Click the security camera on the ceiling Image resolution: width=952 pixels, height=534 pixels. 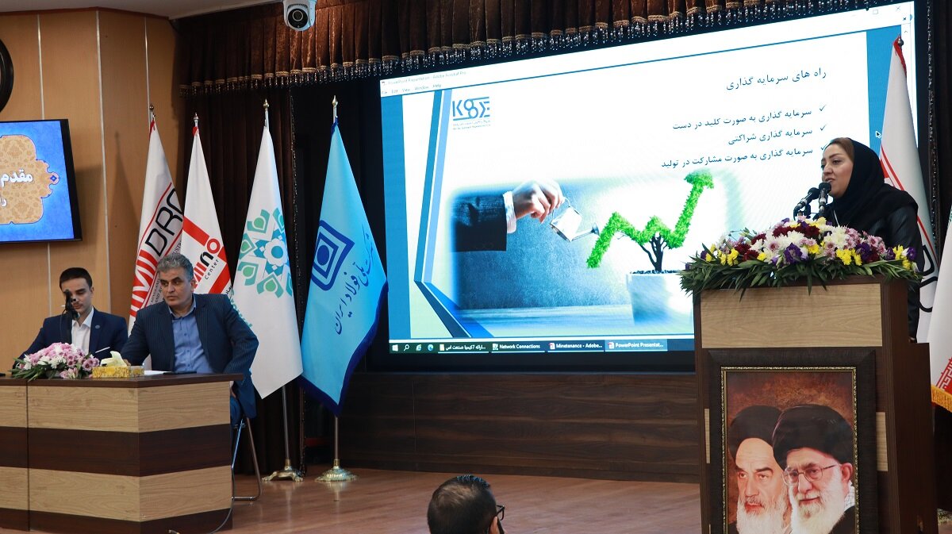click(x=300, y=13)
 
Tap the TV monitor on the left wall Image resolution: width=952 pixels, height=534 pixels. click(x=38, y=181)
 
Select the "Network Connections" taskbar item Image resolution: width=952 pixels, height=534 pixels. click(x=518, y=347)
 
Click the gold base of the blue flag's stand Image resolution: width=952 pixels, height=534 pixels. click(x=336, y=474)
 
